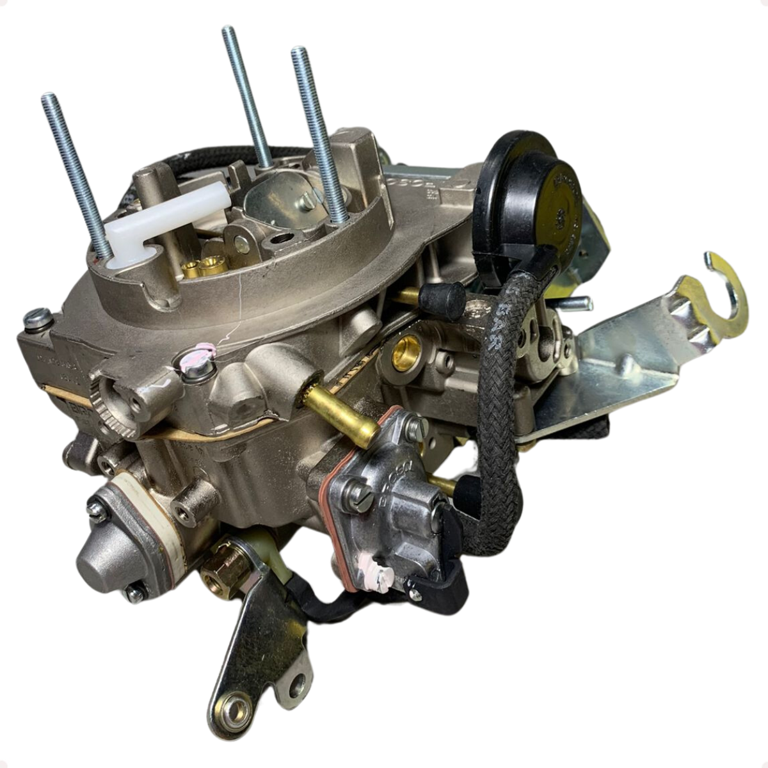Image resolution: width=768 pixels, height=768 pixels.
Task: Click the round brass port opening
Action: tap(406, 353)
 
